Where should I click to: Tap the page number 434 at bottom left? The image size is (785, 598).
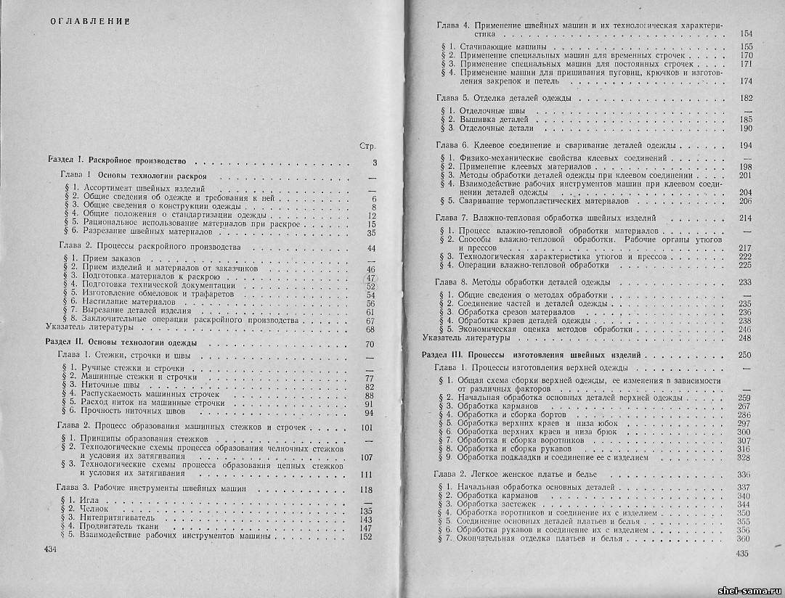click(x=51, y=552)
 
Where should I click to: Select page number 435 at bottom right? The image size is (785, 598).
click(x=741, y=554)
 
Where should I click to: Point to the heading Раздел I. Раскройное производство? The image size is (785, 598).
click(x=117, y=160)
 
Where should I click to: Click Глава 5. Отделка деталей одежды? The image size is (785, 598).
click(x=503, y=97)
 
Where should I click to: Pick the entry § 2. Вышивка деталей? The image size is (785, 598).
click(x=485, y=118)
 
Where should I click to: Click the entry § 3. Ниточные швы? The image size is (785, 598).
click(x=98, y=386)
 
